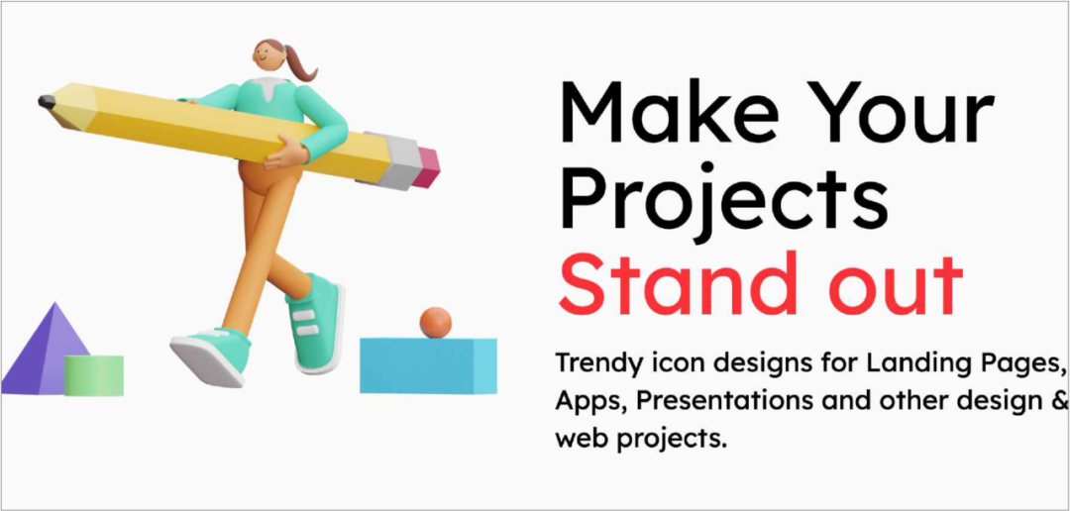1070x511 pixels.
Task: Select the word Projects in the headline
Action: tap(724, 198)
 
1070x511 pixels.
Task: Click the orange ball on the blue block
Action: tap(435, 323)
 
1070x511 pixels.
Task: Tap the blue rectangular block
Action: tap(428, 365)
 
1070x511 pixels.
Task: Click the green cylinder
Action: tap(94, 376)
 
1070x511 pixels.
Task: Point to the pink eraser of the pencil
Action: tap(428, 167)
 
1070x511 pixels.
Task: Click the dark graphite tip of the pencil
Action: tap(47, 102)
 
